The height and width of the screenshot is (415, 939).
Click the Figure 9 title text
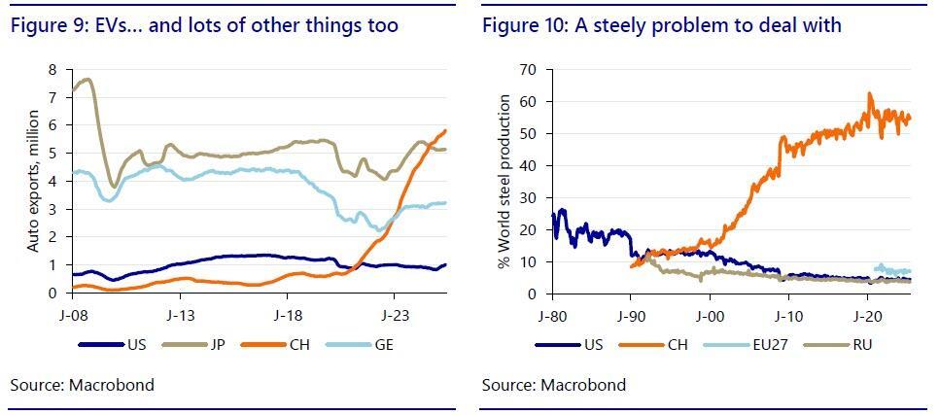pyautogui.click(x=204, y=25)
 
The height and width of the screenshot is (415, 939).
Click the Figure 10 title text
pyautogui.click(x=661, y=25)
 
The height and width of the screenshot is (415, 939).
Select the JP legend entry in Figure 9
pyautogui.click(x=209, y=343)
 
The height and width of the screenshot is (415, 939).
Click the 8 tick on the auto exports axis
pyautogui.click(x=55, y=70)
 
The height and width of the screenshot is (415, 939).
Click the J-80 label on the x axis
pyautogui.click(x=551, y=315)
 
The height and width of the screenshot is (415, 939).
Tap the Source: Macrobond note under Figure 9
pyautogui.click(x=82, y=385)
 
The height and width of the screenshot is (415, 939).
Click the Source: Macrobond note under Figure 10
pyautogui.click(x=553, y=385)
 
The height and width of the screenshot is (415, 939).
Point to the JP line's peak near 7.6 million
pyautogui.click(x=87, y=80)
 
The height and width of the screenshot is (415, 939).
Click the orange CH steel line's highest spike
pyautogui.click(x=870, y=93)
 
